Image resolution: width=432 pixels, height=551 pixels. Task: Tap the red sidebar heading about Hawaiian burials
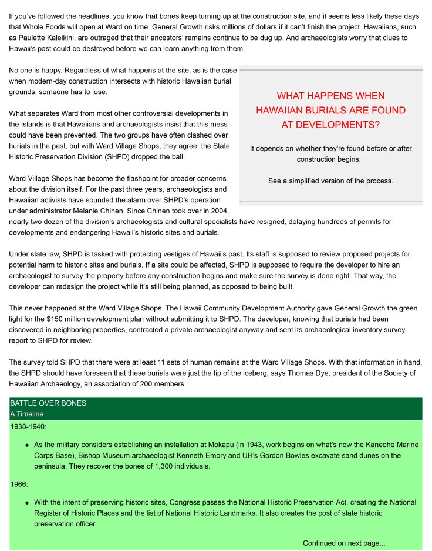(330, 110)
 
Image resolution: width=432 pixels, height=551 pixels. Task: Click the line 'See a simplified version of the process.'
(330, 181)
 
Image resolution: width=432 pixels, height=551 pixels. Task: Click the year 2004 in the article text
(218, 211)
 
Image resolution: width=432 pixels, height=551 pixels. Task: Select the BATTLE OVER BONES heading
(48, 403)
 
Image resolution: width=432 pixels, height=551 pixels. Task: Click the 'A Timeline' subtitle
(27, 414)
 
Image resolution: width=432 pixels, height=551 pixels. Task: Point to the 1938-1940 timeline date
(29, 427)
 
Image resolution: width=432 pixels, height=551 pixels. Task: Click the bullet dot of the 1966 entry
(27, 503)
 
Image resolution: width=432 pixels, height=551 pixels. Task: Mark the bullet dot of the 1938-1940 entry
(27, 445)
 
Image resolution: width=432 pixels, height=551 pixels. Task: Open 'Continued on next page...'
(344, 543)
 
